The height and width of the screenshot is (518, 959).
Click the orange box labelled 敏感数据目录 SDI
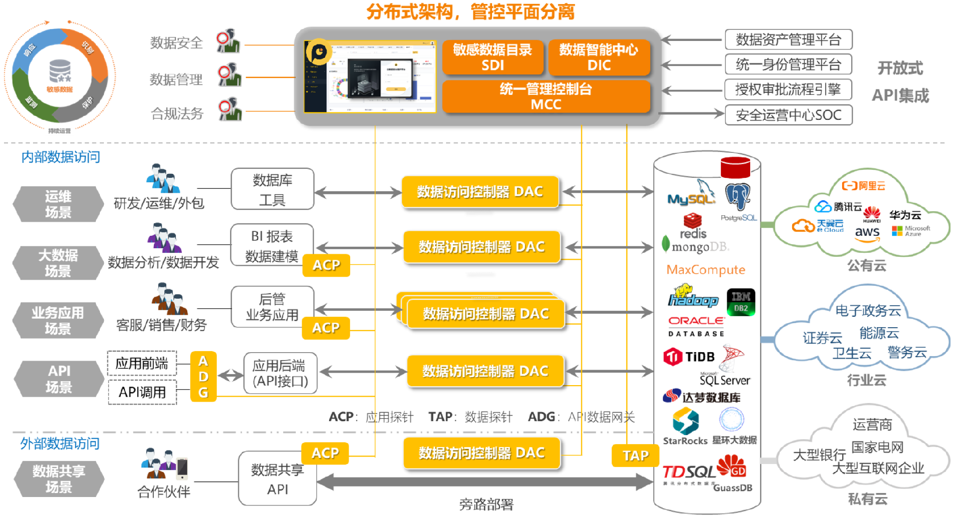tap(492, 57)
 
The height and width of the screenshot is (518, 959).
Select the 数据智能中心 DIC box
tap(599, 57)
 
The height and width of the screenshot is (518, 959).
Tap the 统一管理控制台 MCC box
tap(546, 96)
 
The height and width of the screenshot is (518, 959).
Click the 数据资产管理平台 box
tap(788, 39)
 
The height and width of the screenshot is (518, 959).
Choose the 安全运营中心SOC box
tap(788, 115)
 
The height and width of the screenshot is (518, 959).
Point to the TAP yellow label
tap(635, 456)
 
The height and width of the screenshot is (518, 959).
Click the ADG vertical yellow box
tap(203, 377)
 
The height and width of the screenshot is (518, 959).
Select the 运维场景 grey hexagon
tap(58, 204)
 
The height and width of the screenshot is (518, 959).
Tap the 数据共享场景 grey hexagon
tap(58, 479)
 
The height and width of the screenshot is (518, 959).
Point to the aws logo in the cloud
tap(867, 233)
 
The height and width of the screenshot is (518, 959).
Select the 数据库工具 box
tap(272, 189)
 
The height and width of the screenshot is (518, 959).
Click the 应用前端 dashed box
tap(142, 363)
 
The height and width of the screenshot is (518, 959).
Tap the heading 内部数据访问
tap(60, 157)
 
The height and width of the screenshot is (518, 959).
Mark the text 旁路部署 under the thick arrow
tap(486, 504)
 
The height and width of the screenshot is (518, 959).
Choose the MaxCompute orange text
tap(706, 270)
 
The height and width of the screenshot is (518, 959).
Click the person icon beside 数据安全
tap(228, 41)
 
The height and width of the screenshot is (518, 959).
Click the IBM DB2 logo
tap(741, 302)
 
